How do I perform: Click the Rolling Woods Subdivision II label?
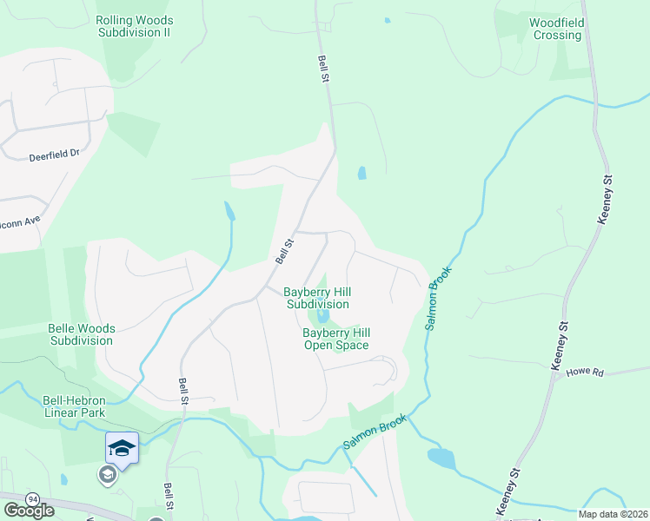(x=135, y=26)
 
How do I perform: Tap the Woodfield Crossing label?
(x=557, y=29)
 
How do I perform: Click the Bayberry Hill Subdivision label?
(x=317, y=298)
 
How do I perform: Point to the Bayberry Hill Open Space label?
(x=335, y=339)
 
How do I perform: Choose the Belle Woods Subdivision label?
(x=82, y=334)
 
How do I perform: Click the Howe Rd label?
(x=584, y=372)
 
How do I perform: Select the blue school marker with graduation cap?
(x=122, y=448)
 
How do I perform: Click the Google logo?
(x=30, y=511)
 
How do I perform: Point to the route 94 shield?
(x=33, y=499)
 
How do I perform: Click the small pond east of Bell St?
(x=361, y=173)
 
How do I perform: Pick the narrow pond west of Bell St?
(x=229, y=211)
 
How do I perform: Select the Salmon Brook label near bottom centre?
(x=375, y=432)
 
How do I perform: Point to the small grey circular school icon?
(x=107, y=474)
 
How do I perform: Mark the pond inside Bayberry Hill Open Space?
(x=323, y=316)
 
